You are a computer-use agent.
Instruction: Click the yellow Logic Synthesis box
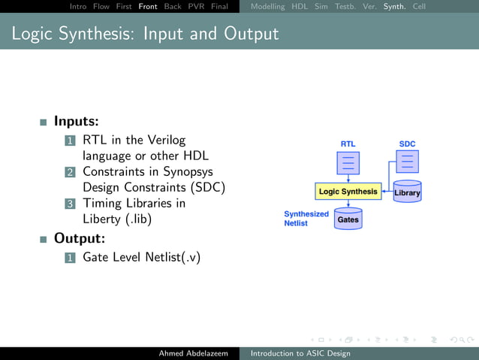tap(348, 192)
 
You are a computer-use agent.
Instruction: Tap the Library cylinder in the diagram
tap(408, 192)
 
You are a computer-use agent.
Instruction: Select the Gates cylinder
tap(348, 219)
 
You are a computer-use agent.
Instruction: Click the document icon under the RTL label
tap(348, 163)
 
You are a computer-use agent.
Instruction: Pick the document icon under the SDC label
tap(407, 161)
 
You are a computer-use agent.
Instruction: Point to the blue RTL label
tap(348, 144)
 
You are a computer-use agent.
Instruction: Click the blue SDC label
tap(407, 144)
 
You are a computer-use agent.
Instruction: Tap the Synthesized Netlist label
tap(306, 219)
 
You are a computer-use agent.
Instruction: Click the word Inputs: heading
tap(76, 121)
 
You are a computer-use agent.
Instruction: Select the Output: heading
tap(79, 239)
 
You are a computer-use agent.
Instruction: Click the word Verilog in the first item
tap(164, 140)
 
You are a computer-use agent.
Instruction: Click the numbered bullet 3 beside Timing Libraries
tap(70, 204)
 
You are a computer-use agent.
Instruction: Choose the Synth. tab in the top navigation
tap(395, 6)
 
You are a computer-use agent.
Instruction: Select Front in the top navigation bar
tap(148, 6)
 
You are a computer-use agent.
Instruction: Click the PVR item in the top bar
tap(195, 6)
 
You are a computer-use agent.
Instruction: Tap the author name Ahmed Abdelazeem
tap(193, 353)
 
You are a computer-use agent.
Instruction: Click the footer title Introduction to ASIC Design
tap(300, 353)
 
